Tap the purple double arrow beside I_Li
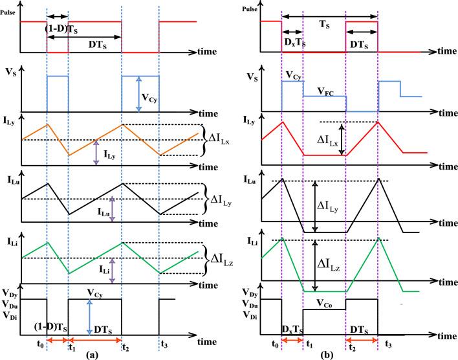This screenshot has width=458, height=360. click(113, 269)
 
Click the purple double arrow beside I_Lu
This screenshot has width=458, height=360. click(113, 209)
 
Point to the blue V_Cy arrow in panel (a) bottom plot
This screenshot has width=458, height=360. click(88, 317)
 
